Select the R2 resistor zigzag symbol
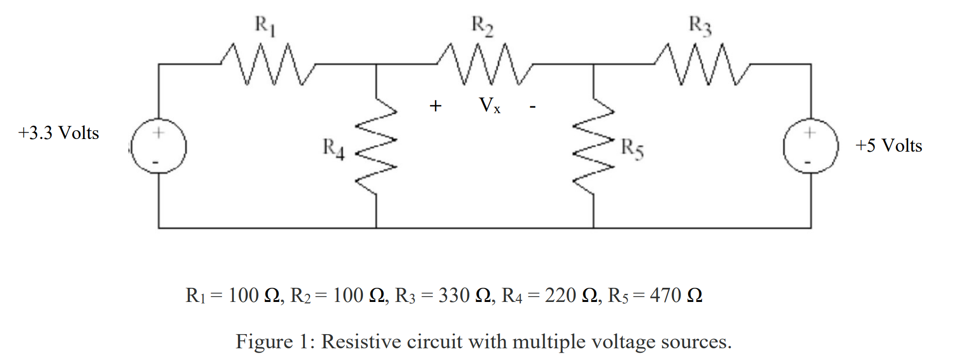click(x=485, y=64)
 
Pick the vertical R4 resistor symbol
click(x=376, y=146)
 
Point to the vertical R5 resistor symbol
click(x=593, y=146)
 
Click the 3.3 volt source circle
click(x=158, y=146)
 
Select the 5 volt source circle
click(x=811, y=146)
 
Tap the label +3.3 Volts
click(x=59, y=133)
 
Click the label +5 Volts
click(x=888, y=145)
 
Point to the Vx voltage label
click(x=489, y=105)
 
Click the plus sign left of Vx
click(x=435, y=106)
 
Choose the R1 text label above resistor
click(x=265, y=25)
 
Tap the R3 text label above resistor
click(x=700, y=25)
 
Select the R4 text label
click(x=333, y=148)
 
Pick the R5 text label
click(x=632, y=148)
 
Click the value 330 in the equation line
click(x=454, y=296)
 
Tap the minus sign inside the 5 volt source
click(x=808, y=162)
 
